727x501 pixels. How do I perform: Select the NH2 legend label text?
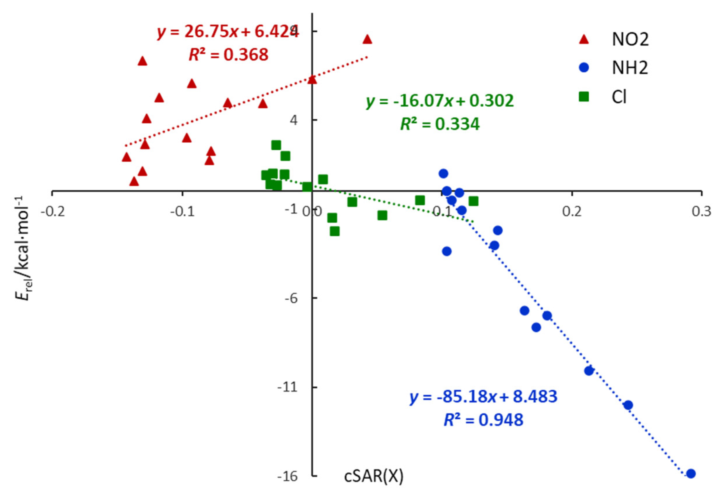click(x=630, y=68)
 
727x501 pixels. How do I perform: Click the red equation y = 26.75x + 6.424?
click(x=228, y=32)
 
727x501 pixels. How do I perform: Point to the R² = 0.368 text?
click(x=228, y=55)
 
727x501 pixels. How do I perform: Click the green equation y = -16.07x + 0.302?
click(x=440, y=101)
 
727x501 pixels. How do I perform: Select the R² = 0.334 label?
click(x=440, y=124)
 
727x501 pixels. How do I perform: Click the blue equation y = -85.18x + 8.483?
click(x=483, y=397)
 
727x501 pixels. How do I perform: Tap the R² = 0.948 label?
click(x=483, y=420)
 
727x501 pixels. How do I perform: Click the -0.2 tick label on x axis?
click(x=53, y=212)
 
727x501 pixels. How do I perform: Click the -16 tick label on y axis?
click(x=287, y=476)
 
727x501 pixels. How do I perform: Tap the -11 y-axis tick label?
click(x=287, y=387)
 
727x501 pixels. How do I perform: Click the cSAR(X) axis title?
click(x=374, y=476)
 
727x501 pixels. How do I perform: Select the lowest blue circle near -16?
click(x=691, y=473)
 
